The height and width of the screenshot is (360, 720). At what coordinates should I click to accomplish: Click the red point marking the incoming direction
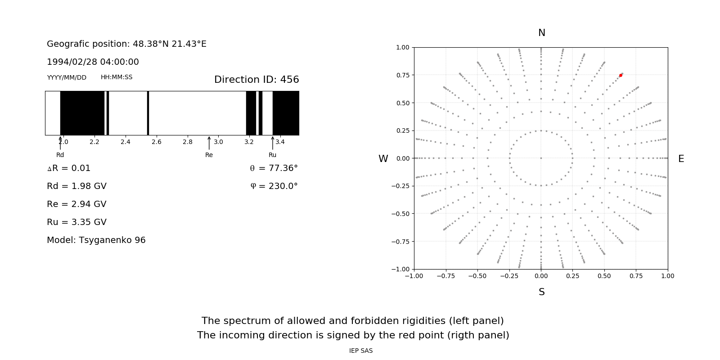point(621,75)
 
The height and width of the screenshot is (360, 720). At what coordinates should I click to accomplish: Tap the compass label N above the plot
point(542,33)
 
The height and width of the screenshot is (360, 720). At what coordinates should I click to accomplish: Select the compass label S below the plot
point(542,292)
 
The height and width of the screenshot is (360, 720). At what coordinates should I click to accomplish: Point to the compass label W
point(383,159)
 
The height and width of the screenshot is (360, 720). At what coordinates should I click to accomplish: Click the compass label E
point(681,159)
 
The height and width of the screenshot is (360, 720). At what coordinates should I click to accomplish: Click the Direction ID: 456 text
point(256,80)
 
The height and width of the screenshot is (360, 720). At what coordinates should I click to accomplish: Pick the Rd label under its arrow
point(60,155)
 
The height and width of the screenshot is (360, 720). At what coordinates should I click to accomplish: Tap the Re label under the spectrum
point(209,155)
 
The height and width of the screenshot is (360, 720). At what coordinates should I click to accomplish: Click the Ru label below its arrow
point(272,155)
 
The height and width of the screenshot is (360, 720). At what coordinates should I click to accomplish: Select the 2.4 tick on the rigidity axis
point(125,142)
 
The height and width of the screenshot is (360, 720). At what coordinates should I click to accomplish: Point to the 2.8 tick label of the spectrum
point(187,142)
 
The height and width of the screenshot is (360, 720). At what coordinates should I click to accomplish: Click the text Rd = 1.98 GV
point(76,186)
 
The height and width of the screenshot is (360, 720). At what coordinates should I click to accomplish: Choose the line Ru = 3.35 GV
point(76,222)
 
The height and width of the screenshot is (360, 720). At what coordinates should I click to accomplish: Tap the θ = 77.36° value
point(274,168)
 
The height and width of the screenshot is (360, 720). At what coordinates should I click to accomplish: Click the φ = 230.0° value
point(274,186)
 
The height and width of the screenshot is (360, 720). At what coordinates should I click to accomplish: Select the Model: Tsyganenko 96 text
point(96,240)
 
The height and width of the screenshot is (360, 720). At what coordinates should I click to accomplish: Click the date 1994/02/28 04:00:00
point(93,62)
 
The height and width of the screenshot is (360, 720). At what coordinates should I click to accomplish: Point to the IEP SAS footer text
point(361,351)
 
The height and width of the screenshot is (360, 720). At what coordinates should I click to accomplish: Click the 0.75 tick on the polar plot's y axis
point(402,75)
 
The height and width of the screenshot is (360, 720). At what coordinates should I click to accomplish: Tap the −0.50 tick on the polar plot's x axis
point(477,276)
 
